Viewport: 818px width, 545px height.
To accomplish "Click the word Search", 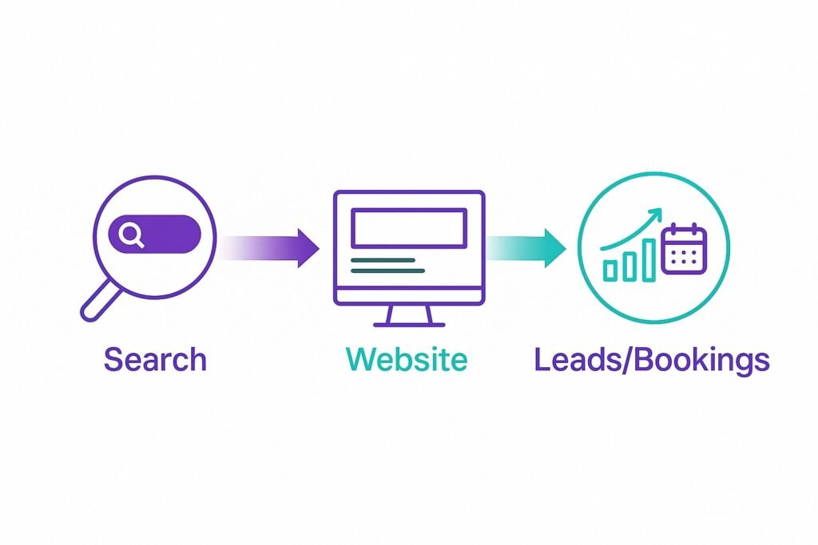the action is [155, 359].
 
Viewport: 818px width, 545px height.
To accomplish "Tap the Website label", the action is [407, 359].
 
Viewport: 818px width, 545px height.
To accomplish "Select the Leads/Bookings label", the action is [652, 361].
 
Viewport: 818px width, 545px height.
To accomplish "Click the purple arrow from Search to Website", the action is [268, 248].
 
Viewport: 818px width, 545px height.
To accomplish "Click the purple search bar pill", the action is [154, 234].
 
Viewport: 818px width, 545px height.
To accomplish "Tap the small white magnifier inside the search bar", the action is [130, 235].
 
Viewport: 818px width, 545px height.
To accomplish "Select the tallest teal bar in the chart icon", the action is [649, 260].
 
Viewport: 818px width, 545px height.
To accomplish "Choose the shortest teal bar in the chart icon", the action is [610, 271].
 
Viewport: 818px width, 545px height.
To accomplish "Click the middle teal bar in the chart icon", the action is [629, 267].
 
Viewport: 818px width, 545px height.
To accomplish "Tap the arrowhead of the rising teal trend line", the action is [656, 214].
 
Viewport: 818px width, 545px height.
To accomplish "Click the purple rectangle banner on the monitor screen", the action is [409, 227].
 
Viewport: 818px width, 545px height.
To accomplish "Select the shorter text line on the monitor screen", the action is [383, 260].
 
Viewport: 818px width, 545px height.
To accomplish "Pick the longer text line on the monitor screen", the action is [387, 271].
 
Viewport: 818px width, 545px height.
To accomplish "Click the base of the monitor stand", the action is [409, 325].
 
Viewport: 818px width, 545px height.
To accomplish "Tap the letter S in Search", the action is [113, 360].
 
